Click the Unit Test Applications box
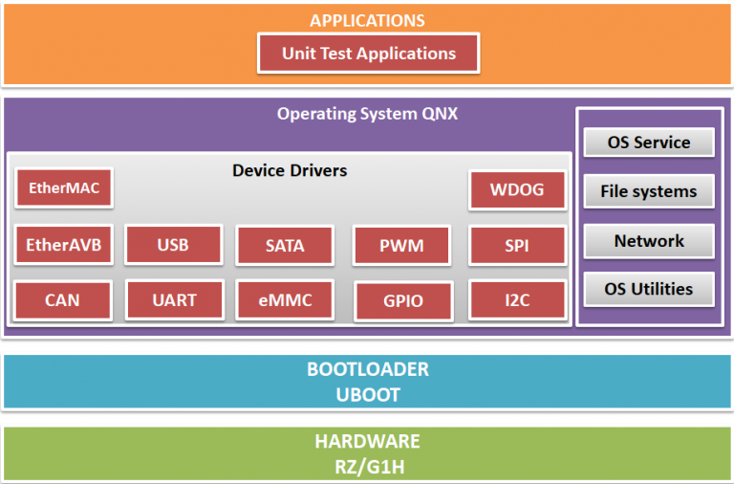[x=368, y=54]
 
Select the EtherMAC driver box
[x=63, y=188]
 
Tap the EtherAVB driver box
[x=63, y=246]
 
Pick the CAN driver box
[x=63, y=300]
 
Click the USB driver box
[x=173, y=246]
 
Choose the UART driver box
[x=174, y=300]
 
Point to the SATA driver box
[x=285, y=246]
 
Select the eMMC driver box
[x=285, y=300]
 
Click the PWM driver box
[x=401, y=246]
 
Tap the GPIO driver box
[x=401, y=301]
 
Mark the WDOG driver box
[x=516, y=189]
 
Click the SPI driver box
[x=516, y=246]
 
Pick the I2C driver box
[x=516, y=300]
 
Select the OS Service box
[x=649, y=143]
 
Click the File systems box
[x=649, y=191]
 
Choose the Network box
[x=649, y=241]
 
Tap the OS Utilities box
[x=649, y=288]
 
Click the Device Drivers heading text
[x=290, y=170]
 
